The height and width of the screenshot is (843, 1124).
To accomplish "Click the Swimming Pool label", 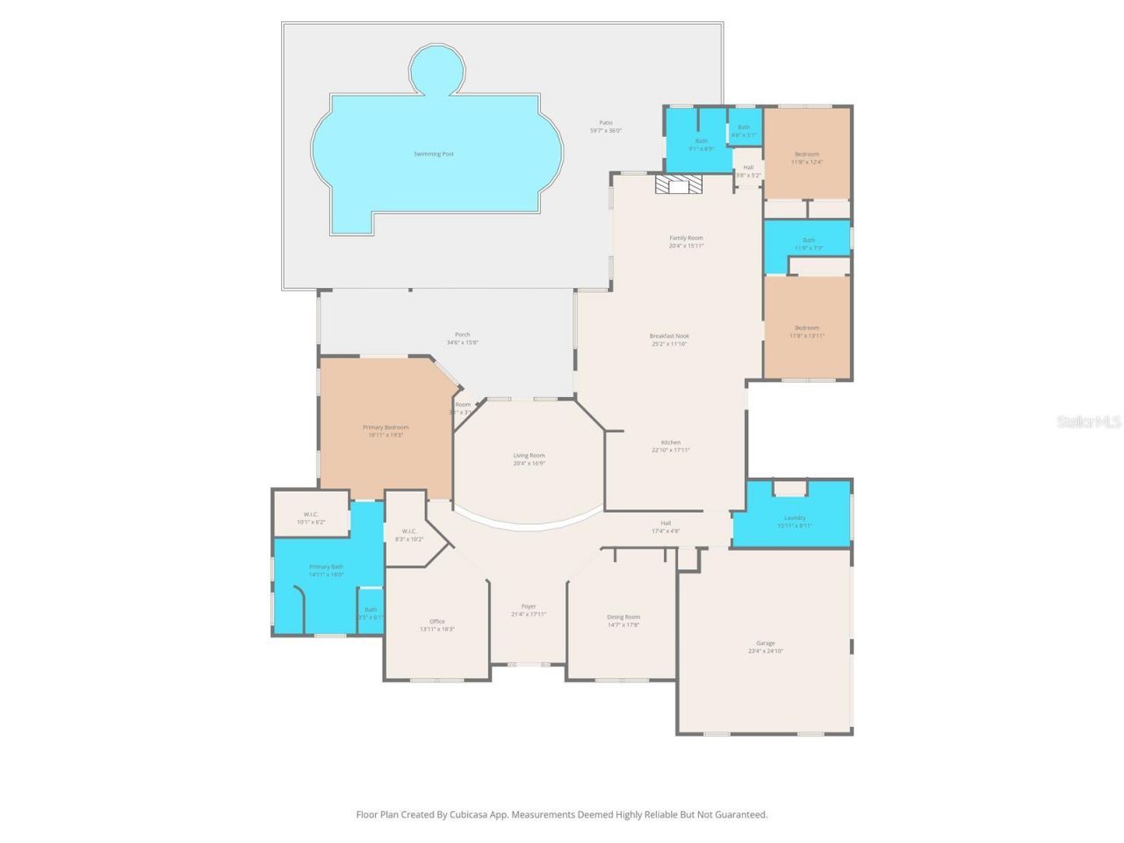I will (434, 155).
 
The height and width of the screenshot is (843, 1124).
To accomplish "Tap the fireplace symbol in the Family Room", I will (679, 184).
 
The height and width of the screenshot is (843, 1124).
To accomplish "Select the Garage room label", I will (765, 644).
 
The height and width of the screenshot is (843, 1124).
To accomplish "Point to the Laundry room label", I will (795, 518).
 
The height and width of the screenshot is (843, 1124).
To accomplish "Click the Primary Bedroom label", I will (385, 428).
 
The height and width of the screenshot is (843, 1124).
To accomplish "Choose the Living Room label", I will (529, 456).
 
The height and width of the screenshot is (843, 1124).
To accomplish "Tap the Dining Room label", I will (623, 617).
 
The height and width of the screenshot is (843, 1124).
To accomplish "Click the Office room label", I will (437, 622).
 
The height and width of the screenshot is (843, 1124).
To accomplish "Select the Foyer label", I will (529, 607).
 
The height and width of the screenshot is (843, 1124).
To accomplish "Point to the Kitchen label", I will (671, 443).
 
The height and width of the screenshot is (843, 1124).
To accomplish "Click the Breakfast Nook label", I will (669, 336).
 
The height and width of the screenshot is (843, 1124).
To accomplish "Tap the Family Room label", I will (686, 238).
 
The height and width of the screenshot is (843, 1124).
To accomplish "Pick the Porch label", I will (463, 335).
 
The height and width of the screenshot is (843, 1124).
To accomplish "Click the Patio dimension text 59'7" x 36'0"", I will (606, 131).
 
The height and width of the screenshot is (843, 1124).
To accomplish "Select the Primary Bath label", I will (326, 567).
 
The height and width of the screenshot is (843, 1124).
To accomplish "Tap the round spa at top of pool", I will (436, 69).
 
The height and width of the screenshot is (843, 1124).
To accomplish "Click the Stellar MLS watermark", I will (1089, 422).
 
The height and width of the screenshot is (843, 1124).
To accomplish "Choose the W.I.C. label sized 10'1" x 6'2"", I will (311, 515).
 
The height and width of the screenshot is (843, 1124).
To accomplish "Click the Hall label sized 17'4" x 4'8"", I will (666, 523).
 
